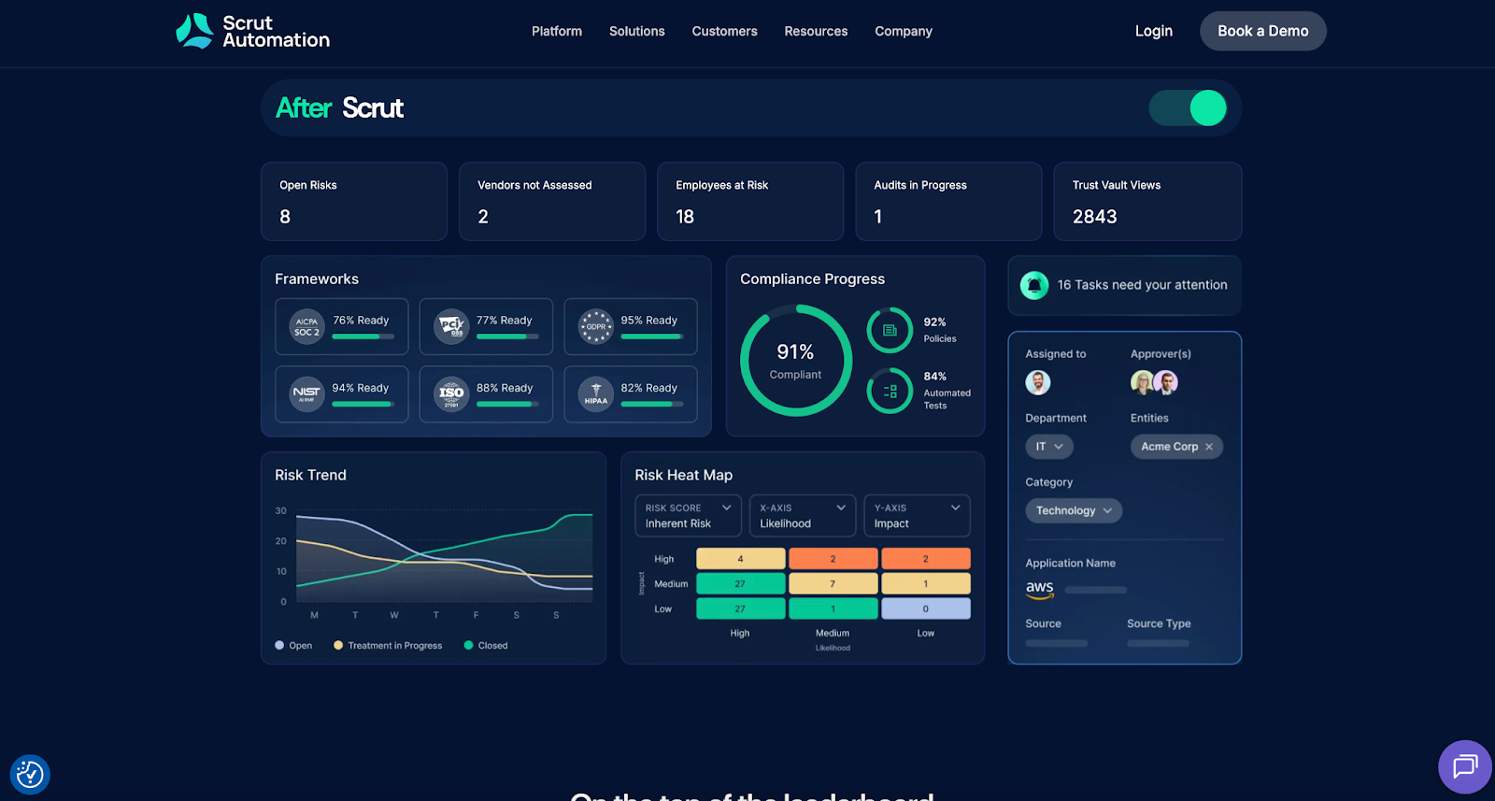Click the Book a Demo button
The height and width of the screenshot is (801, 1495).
pos(1262,31)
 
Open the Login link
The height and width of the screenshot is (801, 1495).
pos(1153,31)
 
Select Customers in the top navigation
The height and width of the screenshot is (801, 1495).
pos(724,31)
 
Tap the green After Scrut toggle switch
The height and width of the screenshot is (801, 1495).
pos(1188,108)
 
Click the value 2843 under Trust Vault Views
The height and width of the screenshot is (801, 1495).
pos(1094,217)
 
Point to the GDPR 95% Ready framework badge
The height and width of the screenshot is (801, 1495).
pos(631,326)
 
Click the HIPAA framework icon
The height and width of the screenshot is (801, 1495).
pos(595,394)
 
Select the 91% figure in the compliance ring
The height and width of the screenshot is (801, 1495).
pos(795,352)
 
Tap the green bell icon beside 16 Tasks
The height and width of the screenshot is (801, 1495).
pos(1034,285)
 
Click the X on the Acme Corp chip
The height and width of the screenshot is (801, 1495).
pos(1209,447)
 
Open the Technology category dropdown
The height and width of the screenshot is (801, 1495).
pos(1074,510)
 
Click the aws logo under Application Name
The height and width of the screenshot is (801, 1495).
pos(1040,589)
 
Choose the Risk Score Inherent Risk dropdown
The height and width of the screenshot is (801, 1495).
pos(688,516)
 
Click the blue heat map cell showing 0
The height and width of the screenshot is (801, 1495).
pos(925,608)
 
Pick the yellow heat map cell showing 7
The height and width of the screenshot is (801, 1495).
pos(833,584)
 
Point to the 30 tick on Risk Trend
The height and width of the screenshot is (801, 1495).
pos(281,511)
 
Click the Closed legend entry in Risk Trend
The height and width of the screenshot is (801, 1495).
pos(486,646)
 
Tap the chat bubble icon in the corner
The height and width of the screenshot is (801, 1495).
pos(1464,766)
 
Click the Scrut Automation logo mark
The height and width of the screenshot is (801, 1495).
pos(195,31)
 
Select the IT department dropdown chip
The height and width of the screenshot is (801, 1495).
pos(1048,447)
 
